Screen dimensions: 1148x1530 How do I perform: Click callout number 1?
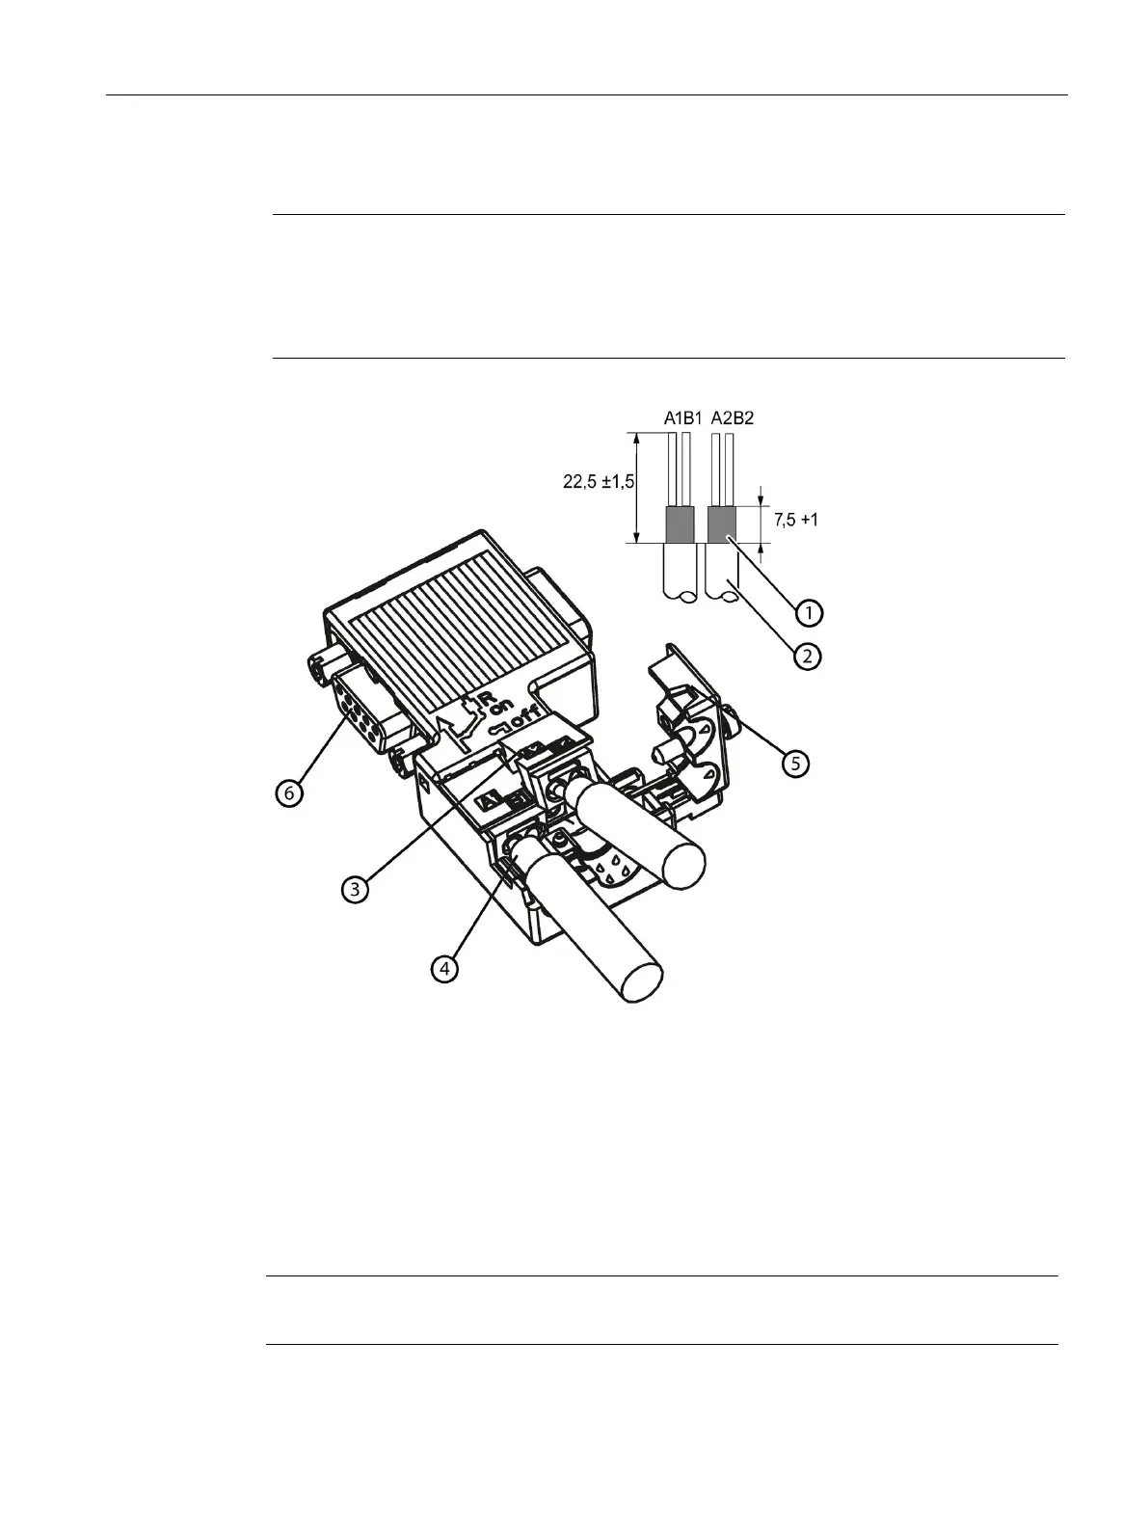[x=808, y=612]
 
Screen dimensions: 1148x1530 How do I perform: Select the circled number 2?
[x=808, y=657]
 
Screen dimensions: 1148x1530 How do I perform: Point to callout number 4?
[x=443, y=968]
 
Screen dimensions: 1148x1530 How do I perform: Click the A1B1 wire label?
[x=682, y=418]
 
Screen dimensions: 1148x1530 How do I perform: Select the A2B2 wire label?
[x=732, y=418]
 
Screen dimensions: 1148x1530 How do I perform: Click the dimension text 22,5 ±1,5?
[x=599, y=482]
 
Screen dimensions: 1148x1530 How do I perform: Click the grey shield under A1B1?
[x=681, y=524]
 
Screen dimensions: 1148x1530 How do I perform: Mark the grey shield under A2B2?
[x=722, y=524]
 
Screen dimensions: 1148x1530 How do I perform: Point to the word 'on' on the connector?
[x=501, y=707]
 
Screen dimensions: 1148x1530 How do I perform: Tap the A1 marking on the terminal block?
[x=489, y=799]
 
